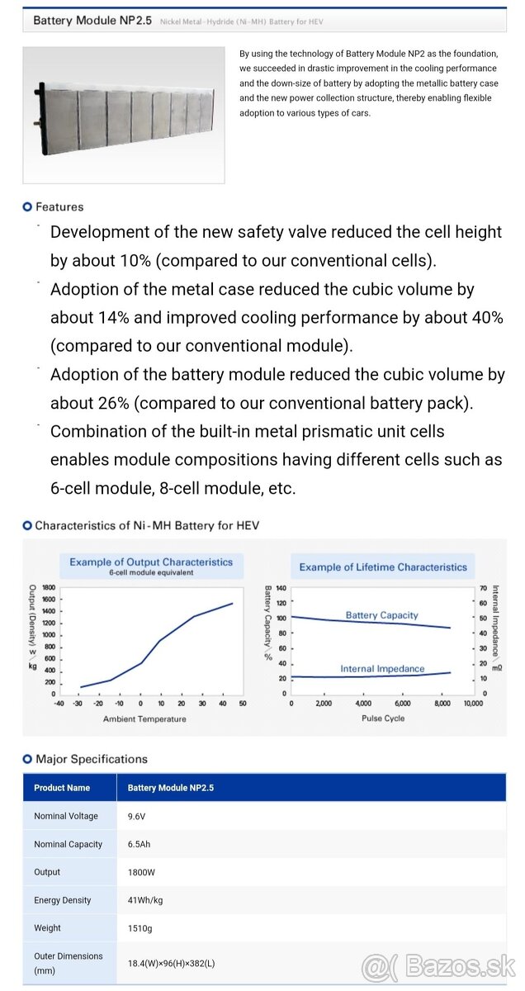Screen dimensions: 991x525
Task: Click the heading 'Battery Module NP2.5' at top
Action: pyautogui.click(x=92, y=20)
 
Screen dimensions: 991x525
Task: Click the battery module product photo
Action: pyautogui.click(x=124, y=115)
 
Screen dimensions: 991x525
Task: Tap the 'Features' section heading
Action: pyautogui.click(x=59, y=206)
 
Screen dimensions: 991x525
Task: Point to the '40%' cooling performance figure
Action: pyautogui.click(x=482, y=317)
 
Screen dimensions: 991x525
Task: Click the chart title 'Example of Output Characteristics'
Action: pyautogui.click(x=151, y=562)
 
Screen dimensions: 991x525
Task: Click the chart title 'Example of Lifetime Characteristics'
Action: pyautogui.click(x=383, y=567)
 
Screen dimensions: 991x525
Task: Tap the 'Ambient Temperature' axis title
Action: pyautogui.click(x=144, y=718)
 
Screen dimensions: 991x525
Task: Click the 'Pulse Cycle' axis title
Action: pyautogui.click(x=382, y=718)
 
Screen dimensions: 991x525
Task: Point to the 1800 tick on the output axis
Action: pyautogui.click(x=48, y=587)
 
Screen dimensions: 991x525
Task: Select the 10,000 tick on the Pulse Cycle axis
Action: pyautogui.click(x=472, y=704)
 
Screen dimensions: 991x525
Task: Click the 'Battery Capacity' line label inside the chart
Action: pyautogui.click(x=381, y=615)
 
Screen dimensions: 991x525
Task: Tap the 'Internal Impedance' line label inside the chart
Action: pyautogui.click(x=382, y=669)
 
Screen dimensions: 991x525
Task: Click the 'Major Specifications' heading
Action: pyautogui.click(x=91, y=759)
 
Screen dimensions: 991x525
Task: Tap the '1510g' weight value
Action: pyautogui.click(x=140, y=928)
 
